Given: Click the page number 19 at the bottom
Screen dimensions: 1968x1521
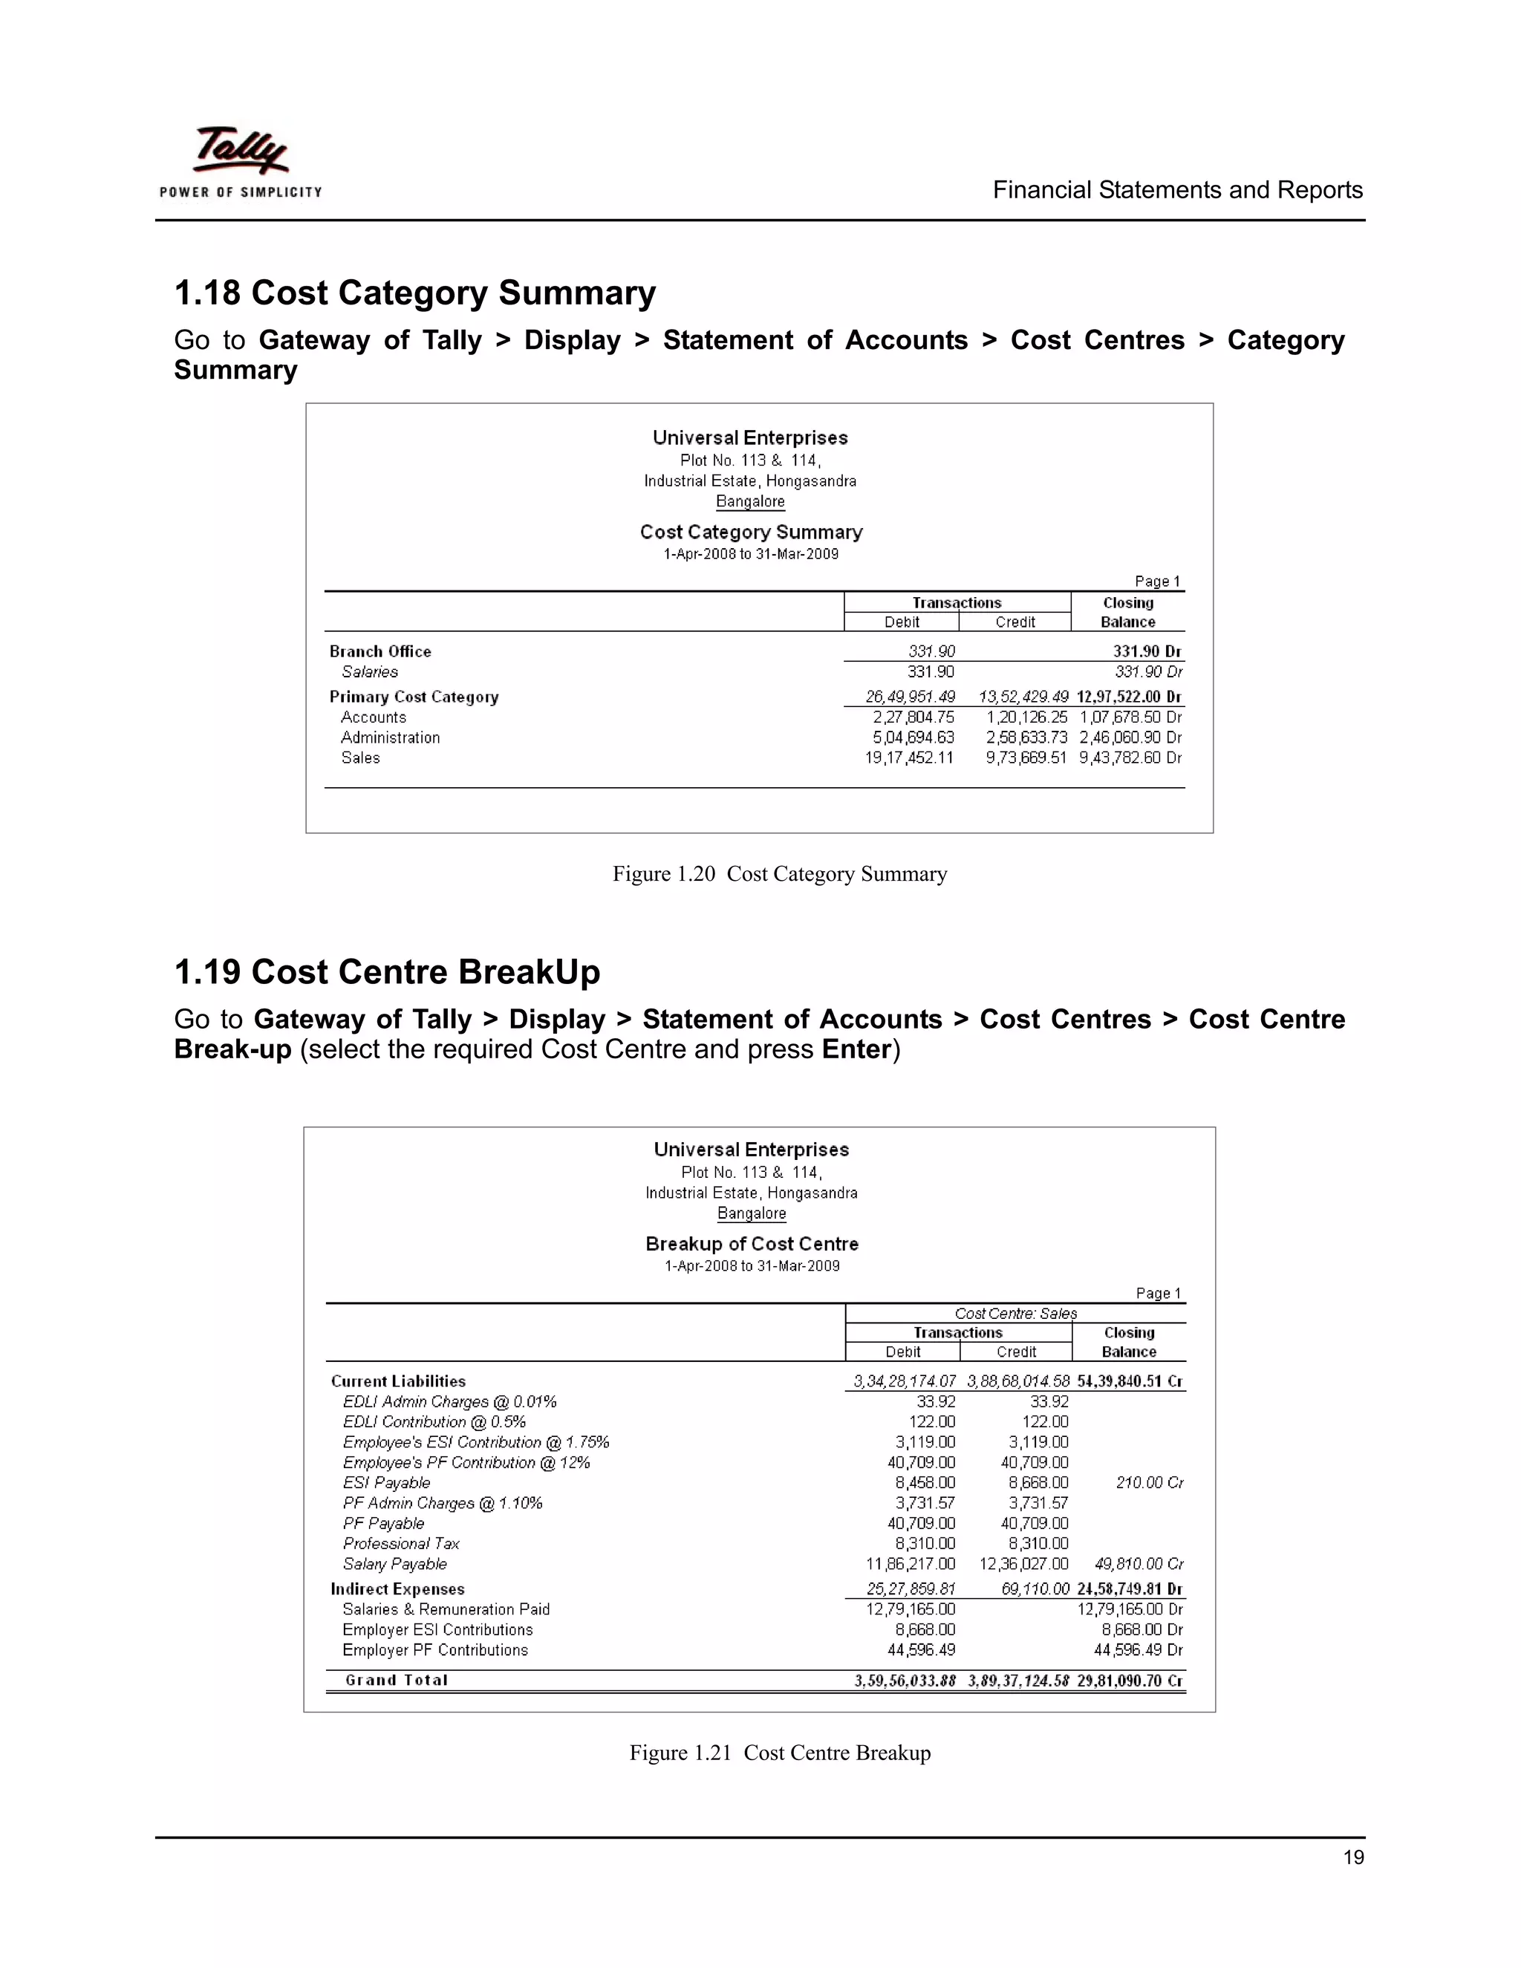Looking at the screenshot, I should point(1352,1857).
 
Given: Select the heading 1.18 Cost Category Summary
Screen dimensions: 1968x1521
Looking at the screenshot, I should point(414,293).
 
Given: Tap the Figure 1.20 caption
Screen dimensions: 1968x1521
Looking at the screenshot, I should point(779,874).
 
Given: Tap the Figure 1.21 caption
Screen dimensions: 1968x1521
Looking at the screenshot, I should point(779,1753).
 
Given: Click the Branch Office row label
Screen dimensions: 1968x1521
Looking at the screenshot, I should point(380,651).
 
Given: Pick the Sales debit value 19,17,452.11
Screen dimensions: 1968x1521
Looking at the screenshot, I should point(908,757).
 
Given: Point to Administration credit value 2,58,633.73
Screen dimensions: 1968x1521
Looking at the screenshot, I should point(1026,738).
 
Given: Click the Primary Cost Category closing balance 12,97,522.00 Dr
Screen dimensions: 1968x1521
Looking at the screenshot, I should point(1128,697).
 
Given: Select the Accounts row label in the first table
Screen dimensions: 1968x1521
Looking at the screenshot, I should point(373,717).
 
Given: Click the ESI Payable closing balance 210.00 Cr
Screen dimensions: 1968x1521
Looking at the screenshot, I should point(1149,1483).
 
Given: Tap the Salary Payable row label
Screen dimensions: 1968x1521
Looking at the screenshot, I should point(394,1564).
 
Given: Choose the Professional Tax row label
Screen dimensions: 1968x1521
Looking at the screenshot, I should point(401,1544).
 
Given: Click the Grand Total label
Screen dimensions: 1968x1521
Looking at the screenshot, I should point(397,1681).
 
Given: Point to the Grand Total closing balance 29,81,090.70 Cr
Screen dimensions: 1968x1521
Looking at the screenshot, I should point(1129,1681).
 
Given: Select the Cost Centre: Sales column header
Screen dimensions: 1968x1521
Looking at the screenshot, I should point(1015,1314).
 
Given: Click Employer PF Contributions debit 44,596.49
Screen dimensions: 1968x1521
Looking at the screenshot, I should point(921,1650).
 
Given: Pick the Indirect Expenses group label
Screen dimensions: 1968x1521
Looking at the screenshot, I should point(397,1589).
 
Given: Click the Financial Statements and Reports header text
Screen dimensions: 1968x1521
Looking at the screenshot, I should point(1177,190).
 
